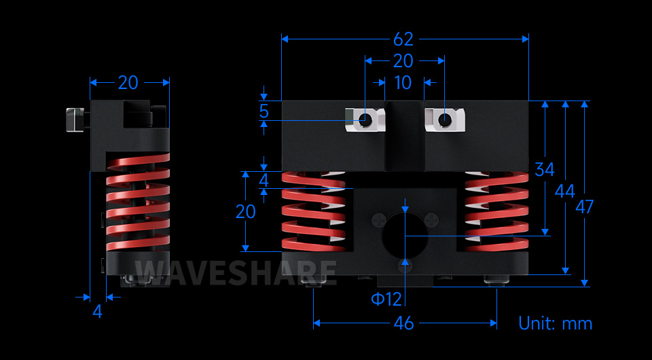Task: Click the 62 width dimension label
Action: (x=403, y=39)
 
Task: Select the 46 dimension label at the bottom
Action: (x=403, y=323)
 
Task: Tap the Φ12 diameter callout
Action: (x=386, y=300)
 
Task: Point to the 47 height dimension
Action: (x=585, y=206)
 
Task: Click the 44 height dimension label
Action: (x=564, y=192)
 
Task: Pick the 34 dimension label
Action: (x=545, y=170)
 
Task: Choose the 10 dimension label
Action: (x=403, y=83)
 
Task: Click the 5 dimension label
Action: (x=264, y=111)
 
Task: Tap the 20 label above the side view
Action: (x=128, y=83)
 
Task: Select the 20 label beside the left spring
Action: (x=246, y=212)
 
